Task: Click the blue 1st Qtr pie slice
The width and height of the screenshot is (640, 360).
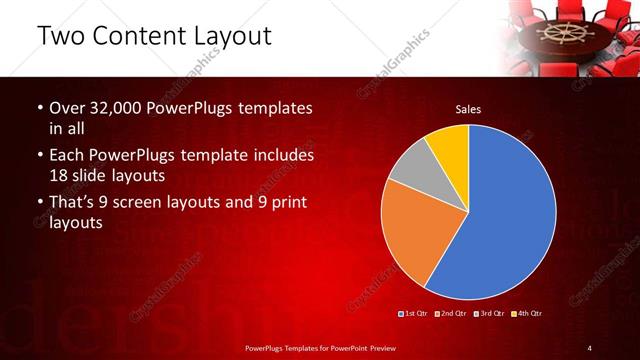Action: click(x=510, y=215)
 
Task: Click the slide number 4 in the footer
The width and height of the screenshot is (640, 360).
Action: click(x=589, y=347)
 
